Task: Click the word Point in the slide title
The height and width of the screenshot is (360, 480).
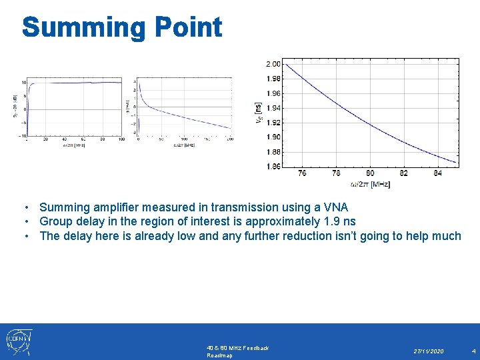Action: [189, 27]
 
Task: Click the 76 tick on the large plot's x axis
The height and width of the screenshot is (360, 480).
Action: [302, 173]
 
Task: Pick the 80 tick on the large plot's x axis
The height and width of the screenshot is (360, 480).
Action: [371, 173]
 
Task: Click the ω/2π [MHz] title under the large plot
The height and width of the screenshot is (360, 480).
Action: [371, 184]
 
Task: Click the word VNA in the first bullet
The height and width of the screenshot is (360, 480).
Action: [335, 207]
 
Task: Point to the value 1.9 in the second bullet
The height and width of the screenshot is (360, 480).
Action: [331, 221]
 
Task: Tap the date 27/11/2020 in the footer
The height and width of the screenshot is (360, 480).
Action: [428, 351]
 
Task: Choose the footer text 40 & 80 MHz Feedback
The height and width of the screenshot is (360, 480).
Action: [238, 348]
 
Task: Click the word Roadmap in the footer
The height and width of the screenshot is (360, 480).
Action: [221, 356]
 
